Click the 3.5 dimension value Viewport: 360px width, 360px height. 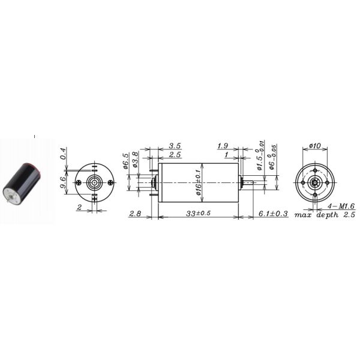[x=175, y=146]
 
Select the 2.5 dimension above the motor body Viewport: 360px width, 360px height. [x=175, y=155]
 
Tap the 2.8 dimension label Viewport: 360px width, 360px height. [x=136, y=214]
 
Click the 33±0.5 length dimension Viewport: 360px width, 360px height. [x=199, y=214]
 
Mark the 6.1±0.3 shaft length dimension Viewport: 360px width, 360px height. [x=274, y=214]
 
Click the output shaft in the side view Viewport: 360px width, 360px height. [x=248, y=182]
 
